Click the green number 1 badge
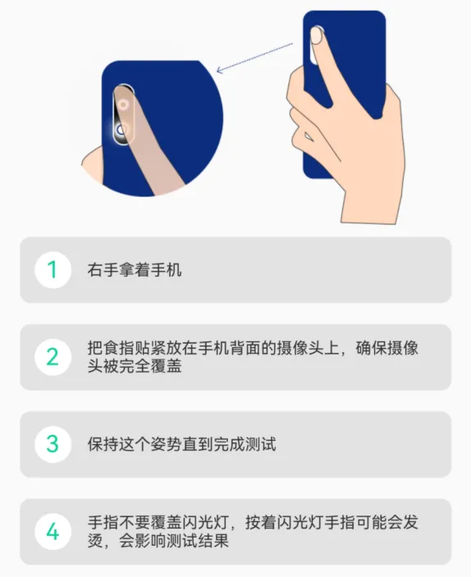point(53,270)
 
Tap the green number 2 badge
point(53,357)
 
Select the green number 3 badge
point(53,444)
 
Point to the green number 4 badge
point(53,531)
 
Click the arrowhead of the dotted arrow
point(220,70)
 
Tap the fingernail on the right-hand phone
point(317,35)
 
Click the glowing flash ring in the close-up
point(121,131)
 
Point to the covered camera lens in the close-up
point(123,104)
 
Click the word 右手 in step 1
point(103,270)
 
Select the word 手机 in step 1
point(166,270)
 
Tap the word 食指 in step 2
point(119,348)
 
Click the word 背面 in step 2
point(245,348)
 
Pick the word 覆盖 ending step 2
point(166,366)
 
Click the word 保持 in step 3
point(103,444)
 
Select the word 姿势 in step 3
point(166,444)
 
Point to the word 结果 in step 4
point(213,541)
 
